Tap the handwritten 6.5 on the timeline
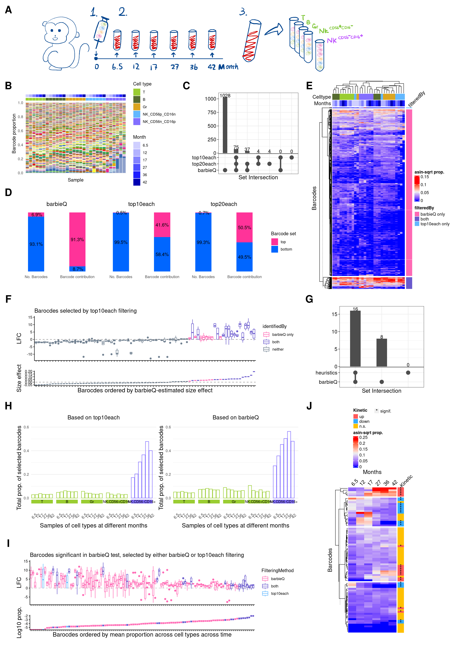tap(117, 67)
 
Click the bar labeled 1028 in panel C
tap(225, 125)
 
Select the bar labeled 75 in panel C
tap(236, 151)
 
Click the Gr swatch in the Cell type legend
tap(137, 107)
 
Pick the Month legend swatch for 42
tap(137, 182)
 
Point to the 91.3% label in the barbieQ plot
tap(77, 240)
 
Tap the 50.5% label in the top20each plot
tap(244, 227)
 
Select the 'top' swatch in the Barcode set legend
tap(275, 242)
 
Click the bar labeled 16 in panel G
tap(355, 338)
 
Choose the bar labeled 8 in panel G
tap(381, 353)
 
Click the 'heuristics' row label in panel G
tap(326, 373)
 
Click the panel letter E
tap(309, 86)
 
